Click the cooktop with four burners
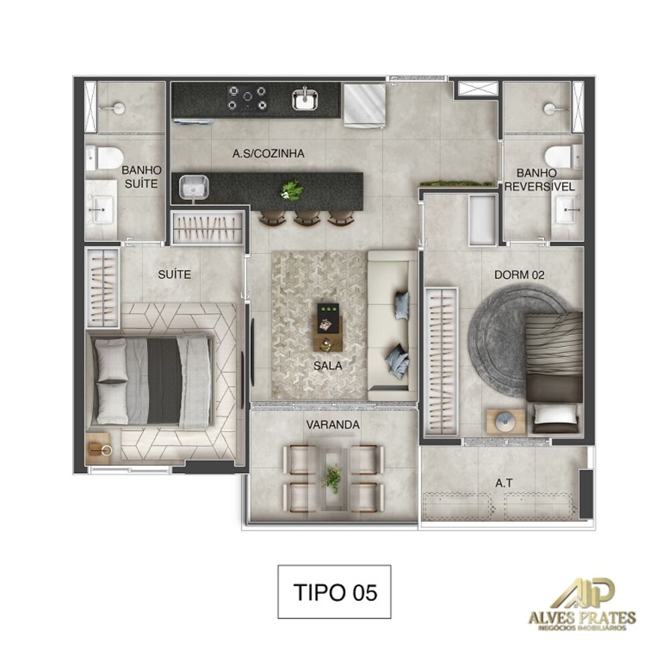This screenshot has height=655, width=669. [x=248, y=98]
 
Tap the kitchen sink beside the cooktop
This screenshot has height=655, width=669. [x=306, y=99]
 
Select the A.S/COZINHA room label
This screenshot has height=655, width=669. [x=268, y=153]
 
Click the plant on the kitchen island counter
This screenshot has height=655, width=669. [x=292, y=191]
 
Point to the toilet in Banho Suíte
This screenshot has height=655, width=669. [x=106, y=158]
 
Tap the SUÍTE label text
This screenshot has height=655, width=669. [x=175, y=274]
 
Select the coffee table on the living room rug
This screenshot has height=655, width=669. [x=328, y=326]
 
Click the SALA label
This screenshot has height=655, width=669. [x=328, y=366]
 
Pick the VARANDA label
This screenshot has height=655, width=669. [x=332, y=424]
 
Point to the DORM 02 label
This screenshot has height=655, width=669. [x=519, y=274]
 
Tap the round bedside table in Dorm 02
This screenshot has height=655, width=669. [x=506, y=422]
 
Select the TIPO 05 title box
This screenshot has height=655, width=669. [x=334, y=591]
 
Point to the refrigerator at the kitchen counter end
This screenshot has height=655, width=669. [x=365, y=104]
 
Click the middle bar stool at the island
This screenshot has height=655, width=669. [x=307, y=217]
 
